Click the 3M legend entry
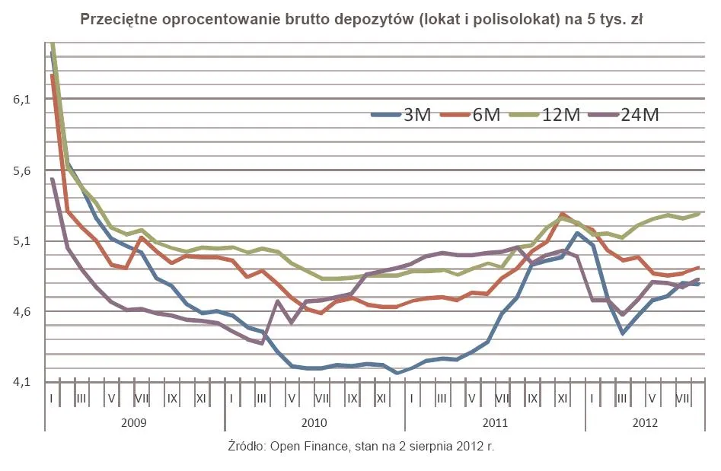[x=403, y=115]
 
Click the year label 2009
[x=134, y=422]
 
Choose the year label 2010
[x=314, y=422]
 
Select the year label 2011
[x=495, y=422]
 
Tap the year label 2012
[x=645, y=422]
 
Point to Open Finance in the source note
[x=299, y=446]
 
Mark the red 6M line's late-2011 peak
[x=563, y=215]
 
